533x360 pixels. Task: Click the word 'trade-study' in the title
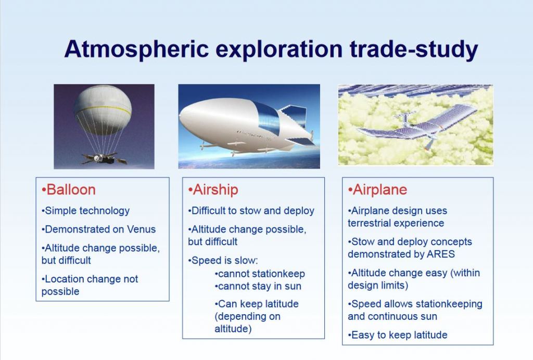click(414, 49)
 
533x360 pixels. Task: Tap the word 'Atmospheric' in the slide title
click(136, 49)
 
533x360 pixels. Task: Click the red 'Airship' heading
click(213, 189)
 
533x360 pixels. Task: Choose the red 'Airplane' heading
click(377, 189)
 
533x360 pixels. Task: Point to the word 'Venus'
click(141, 229)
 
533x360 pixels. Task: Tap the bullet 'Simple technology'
click(85, 211)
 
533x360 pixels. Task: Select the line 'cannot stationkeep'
click(260, 274)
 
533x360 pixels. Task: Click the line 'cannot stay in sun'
click(258, 286)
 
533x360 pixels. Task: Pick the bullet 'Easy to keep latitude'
click(397, 335)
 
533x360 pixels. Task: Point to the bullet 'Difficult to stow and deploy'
click(251, 211)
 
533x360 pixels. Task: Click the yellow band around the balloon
click(103, 110)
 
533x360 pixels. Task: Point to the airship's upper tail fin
click(293, 116)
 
